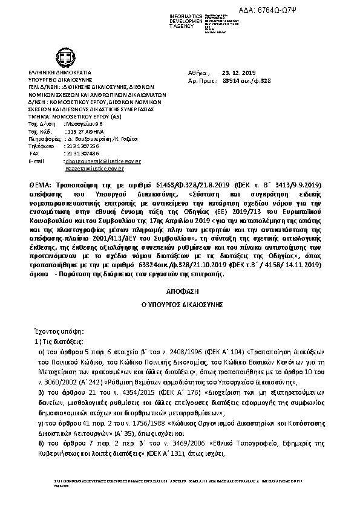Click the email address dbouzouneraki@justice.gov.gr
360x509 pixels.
pos(103,161)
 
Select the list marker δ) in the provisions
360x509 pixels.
pos(42,444)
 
